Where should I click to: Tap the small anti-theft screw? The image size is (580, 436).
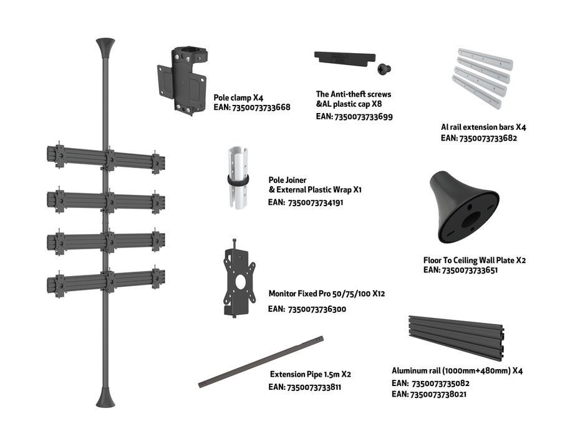[x=385, y=67]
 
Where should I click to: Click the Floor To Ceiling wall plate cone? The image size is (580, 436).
[x=464, y=209]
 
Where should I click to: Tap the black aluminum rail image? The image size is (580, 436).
[x=456, y=338]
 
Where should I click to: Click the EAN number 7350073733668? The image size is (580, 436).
[x=261, y=107]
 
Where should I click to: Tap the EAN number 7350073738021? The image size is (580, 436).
[x=439, y=394]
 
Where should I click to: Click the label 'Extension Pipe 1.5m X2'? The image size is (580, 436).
[x=310, y=374]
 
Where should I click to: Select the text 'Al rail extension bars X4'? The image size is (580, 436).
[x=483, y=127]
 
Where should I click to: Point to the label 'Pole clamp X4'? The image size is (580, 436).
[x=238, y=97]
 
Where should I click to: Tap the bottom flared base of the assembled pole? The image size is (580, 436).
[x=105, y=397]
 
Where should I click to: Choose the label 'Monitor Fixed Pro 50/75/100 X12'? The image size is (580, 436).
[x=326, y=293]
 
